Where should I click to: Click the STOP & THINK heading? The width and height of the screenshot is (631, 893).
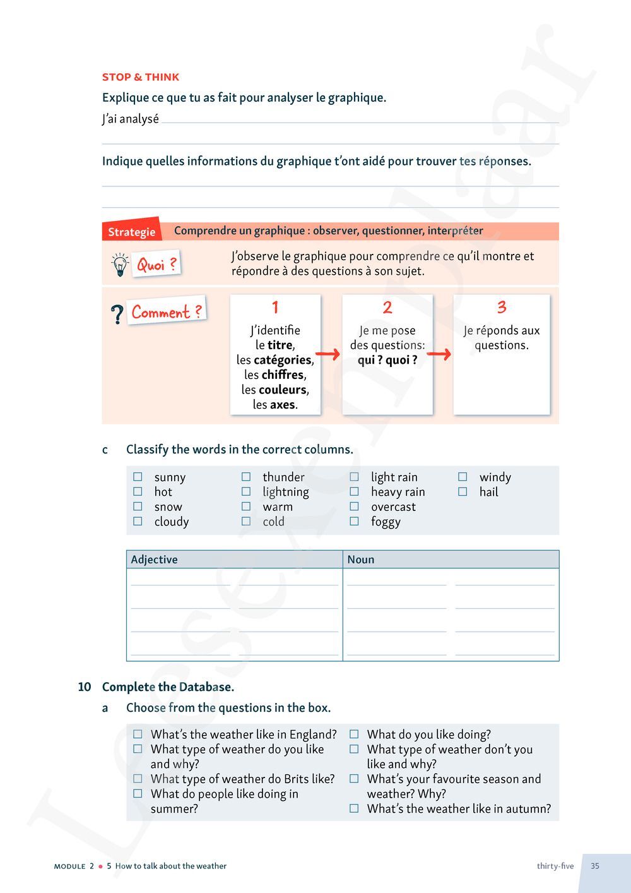pos(141,77)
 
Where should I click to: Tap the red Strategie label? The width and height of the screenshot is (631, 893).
pos(131,232)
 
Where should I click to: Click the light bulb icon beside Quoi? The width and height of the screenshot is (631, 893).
pos(119,265)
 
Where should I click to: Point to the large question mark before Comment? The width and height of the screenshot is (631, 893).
pos(117,315)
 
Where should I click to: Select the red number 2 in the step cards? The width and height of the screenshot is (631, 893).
pos(387,308)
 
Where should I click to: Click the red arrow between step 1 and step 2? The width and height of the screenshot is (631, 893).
pos(327,354)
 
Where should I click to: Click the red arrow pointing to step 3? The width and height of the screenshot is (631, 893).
pos(439,354)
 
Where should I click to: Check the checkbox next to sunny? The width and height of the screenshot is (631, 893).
pos(138,477)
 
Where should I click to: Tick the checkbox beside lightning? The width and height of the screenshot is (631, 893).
pos(246,491)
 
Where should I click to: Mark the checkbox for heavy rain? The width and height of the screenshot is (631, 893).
pos(355,491)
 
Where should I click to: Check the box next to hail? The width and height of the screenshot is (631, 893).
pos(463,491)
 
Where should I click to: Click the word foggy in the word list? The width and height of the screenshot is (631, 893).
pos(386,522)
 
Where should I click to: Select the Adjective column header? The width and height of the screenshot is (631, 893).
pos(155,560)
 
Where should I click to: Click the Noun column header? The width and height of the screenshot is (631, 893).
pos(361,560)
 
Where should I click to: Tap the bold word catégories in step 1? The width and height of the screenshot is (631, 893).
pos(283,360)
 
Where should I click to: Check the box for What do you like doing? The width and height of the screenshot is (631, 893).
pos(355,734)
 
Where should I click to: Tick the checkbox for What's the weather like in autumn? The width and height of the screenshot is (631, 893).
pos(355,808)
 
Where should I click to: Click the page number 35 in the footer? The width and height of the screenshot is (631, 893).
pos(595,866)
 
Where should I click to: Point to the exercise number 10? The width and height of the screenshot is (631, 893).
pos(85,687)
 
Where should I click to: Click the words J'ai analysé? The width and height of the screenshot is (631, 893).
pos(131,119)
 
